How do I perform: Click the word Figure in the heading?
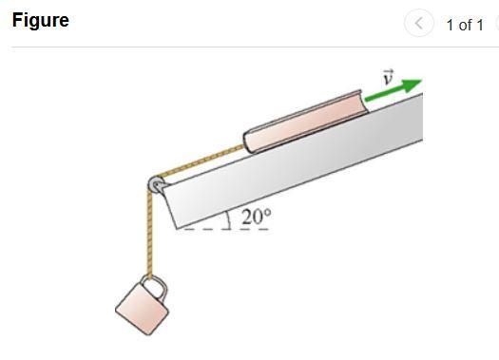41,21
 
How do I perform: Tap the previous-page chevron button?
419,23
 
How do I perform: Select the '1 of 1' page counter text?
465,25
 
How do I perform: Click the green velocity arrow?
393,90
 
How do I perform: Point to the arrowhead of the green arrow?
413,84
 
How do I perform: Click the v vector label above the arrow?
388,77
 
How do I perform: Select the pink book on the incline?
306,122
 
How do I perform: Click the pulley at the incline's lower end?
156,184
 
